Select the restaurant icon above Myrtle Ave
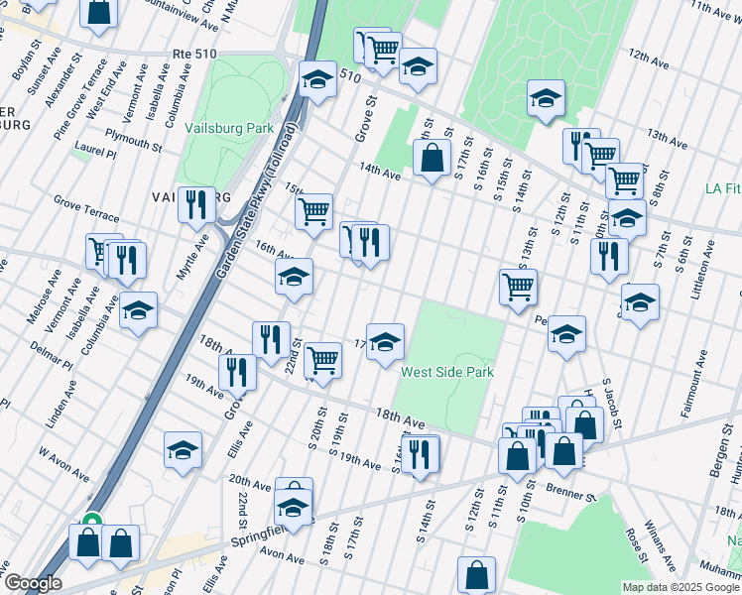coord(196,204)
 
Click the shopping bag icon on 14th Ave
coord(432,157)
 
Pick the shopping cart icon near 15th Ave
coord(313,210)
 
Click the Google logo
coord(32,583)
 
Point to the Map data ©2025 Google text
coord(680,587)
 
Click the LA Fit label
coord(721,188)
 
